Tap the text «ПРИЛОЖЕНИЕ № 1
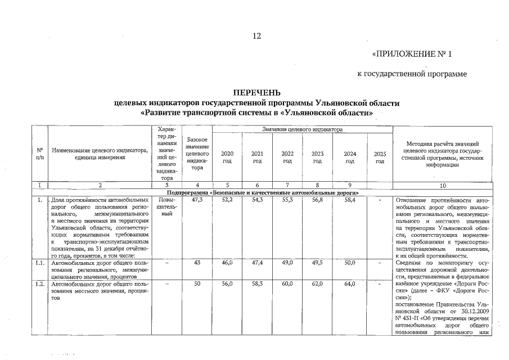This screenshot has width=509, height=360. [412, 55]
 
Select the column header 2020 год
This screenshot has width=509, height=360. [227, 157]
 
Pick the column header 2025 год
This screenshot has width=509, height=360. [380, 157]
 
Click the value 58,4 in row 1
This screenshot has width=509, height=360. [349, 200]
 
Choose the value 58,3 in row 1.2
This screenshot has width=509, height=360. [257, 285]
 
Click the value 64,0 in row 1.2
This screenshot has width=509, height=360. [349, 285]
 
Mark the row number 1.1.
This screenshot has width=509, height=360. [39, 262]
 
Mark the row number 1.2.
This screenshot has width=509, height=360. [39, 285]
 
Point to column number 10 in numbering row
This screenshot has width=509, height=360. [442, 185]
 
